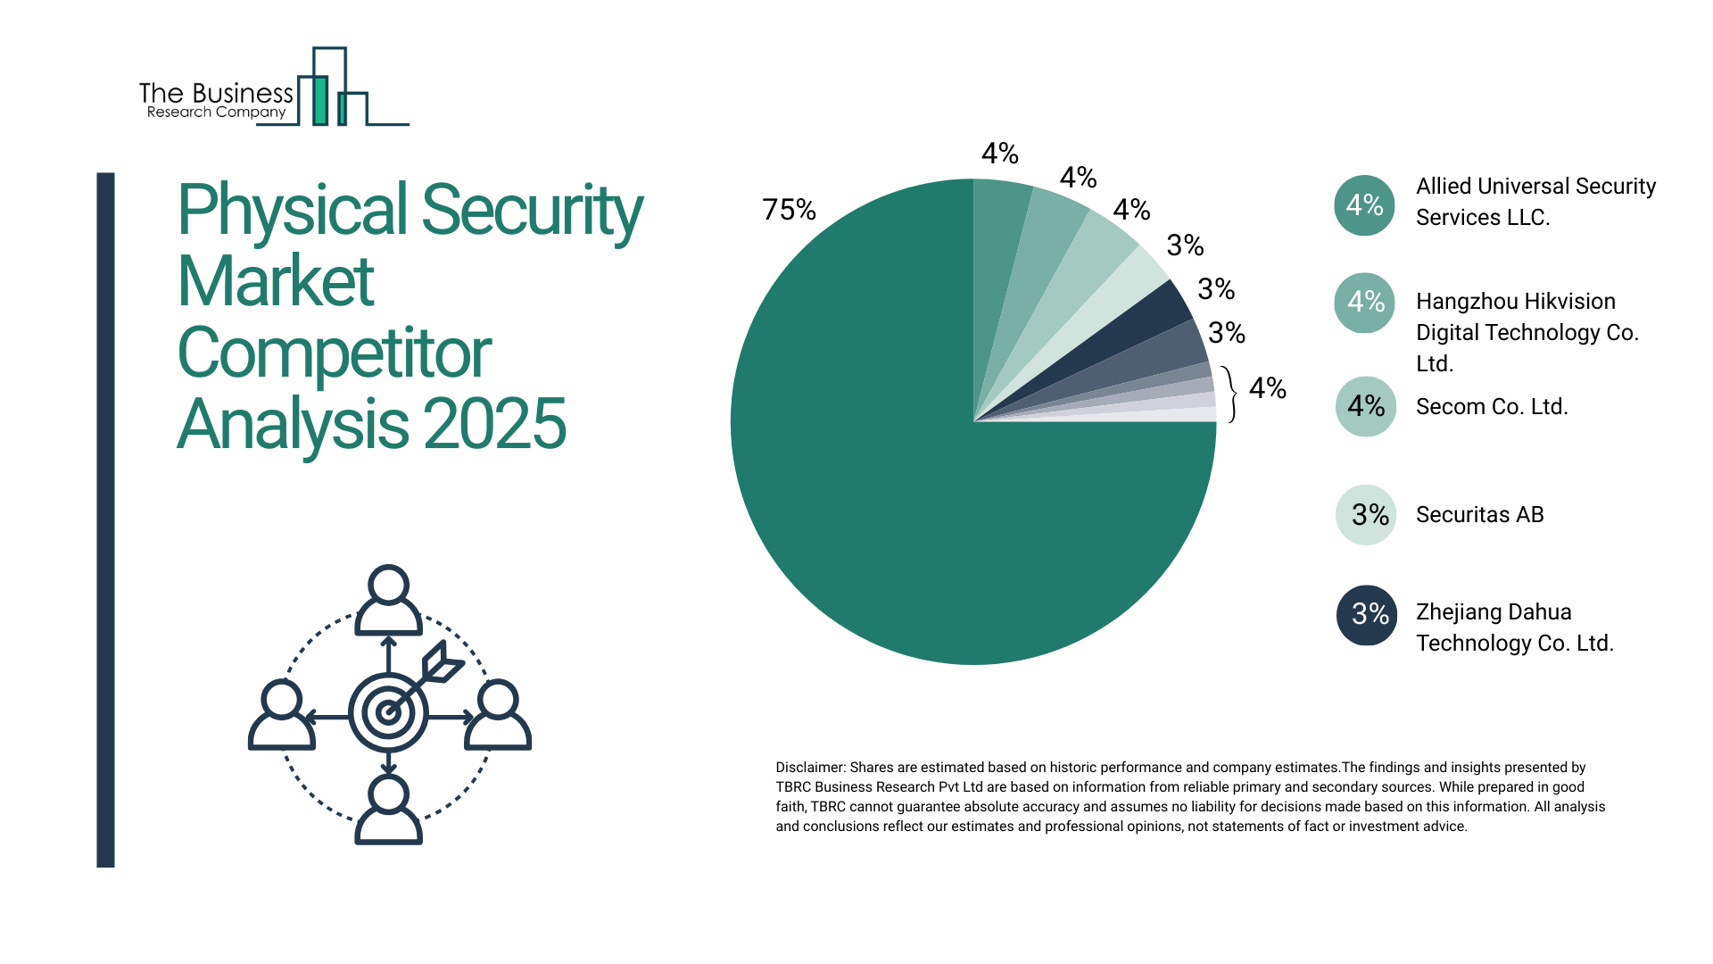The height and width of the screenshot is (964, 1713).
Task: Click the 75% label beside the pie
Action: coord(789,210)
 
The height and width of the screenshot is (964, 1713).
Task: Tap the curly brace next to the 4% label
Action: coord(1232,394)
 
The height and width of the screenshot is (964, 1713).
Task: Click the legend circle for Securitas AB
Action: coord(1365,515)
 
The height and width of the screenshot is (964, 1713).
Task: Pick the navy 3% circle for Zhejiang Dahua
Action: coord(1365,614)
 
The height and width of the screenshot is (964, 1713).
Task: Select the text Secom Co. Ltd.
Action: coord(1492,407)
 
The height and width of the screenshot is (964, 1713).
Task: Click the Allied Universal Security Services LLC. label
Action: coord(1535,202)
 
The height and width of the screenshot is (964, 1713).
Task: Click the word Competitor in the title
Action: coord(334,353)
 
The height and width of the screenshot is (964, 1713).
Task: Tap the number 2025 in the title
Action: coord(494,425)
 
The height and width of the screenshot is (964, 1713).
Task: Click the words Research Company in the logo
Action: coord(216,112)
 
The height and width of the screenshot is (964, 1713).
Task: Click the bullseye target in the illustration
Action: coord(388,712)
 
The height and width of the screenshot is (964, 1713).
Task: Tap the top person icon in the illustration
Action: coord(388,600)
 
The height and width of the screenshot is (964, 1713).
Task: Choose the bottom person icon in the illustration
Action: coord(388,810)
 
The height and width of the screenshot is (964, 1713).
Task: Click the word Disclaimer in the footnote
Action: coord(809,768)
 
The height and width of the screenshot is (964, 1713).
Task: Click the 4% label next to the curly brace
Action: coord(1267,388)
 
